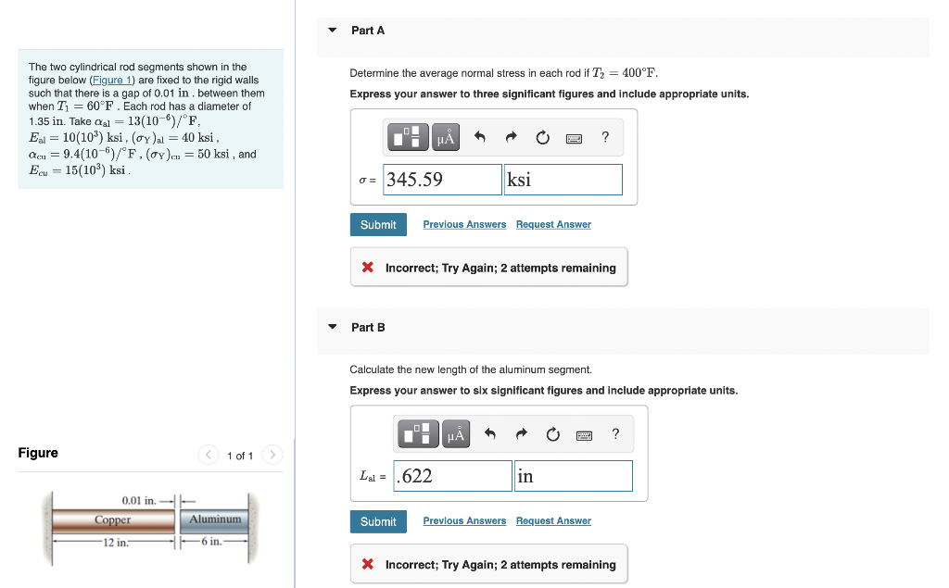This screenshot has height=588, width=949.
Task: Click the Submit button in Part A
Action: click(378, 225)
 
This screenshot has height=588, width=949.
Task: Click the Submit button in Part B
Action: click(378, 522)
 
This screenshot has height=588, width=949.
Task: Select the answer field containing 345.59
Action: click(442, 180)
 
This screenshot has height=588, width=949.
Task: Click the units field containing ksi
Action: click(563, 180)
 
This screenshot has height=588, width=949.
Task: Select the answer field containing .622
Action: click(452, 476)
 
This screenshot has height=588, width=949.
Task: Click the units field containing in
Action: click(573, 476)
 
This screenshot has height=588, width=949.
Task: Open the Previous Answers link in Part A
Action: click(464, 225)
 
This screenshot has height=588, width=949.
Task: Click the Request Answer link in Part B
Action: click(553, 521)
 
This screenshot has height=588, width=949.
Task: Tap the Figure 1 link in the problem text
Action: click(117, 81)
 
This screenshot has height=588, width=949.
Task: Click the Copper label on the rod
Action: click(112, 520)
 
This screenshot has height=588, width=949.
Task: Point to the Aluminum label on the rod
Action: click(215, 519)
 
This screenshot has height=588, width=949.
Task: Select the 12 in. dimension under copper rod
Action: click(115, 543)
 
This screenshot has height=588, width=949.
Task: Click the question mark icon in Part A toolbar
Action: click(605, 138)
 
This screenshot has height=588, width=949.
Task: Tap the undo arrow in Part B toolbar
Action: click(490, 435)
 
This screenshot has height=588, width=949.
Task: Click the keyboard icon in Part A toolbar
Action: click(574, 139)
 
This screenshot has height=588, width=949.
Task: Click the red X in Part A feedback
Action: click(368, 268)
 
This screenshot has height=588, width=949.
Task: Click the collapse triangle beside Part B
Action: click(333, 327)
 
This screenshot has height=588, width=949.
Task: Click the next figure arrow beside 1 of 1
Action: click(272, 455)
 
